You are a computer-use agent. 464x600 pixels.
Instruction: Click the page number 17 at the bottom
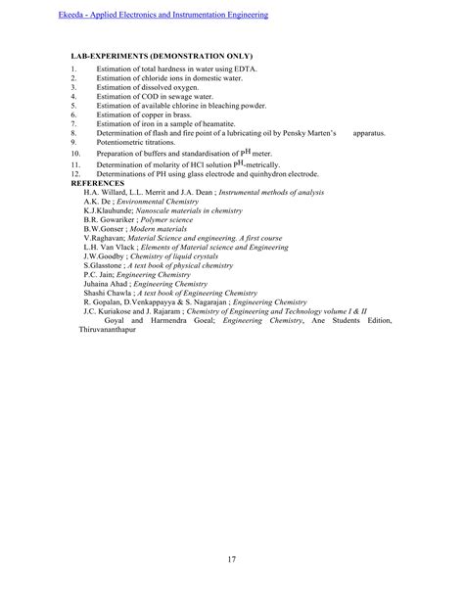coord(231,560)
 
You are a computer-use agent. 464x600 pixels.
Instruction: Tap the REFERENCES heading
coord(100,182)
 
